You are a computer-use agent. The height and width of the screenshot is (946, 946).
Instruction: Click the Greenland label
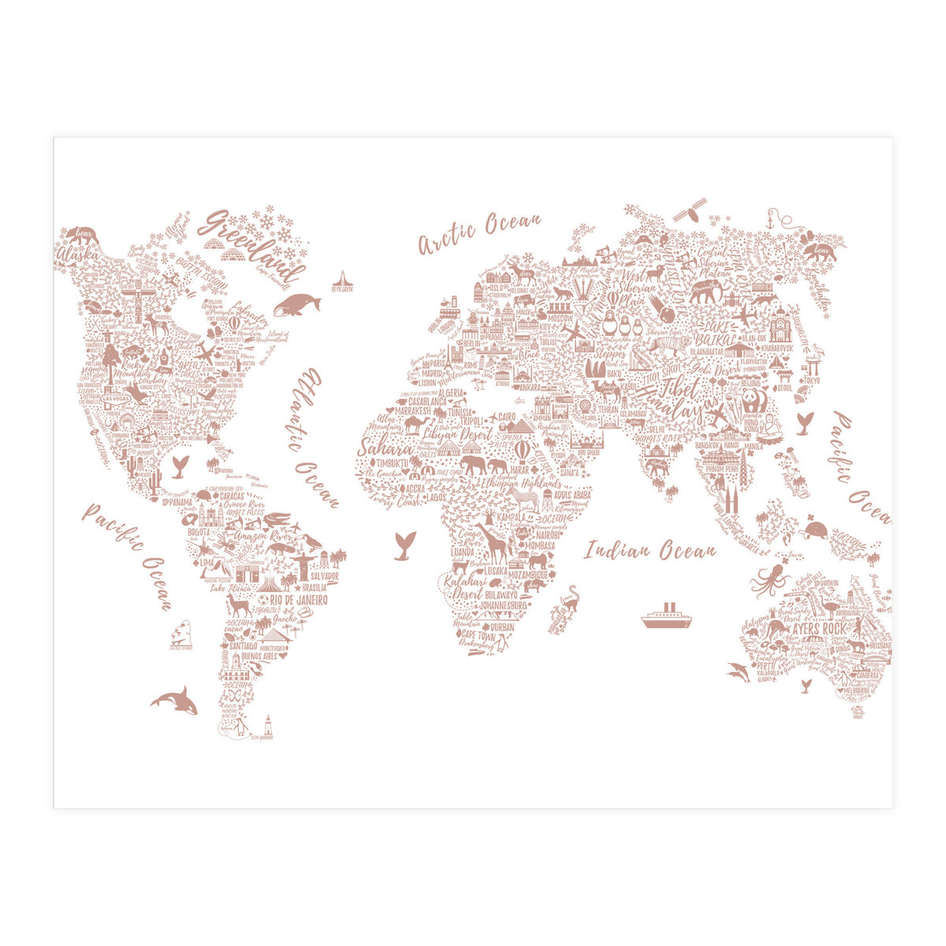254,245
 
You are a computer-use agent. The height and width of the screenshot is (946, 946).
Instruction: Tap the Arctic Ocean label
479,233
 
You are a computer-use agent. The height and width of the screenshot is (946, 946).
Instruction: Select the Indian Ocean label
650,550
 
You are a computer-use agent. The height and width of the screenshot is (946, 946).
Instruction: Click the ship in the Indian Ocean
666,616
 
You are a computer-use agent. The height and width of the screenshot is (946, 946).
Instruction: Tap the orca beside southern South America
175,699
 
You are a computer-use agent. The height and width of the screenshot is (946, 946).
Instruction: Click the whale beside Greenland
296,304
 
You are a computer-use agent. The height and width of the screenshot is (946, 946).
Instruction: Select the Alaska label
76,255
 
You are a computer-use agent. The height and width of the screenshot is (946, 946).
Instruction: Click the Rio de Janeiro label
299,599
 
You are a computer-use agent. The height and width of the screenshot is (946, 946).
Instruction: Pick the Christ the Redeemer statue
304,561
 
